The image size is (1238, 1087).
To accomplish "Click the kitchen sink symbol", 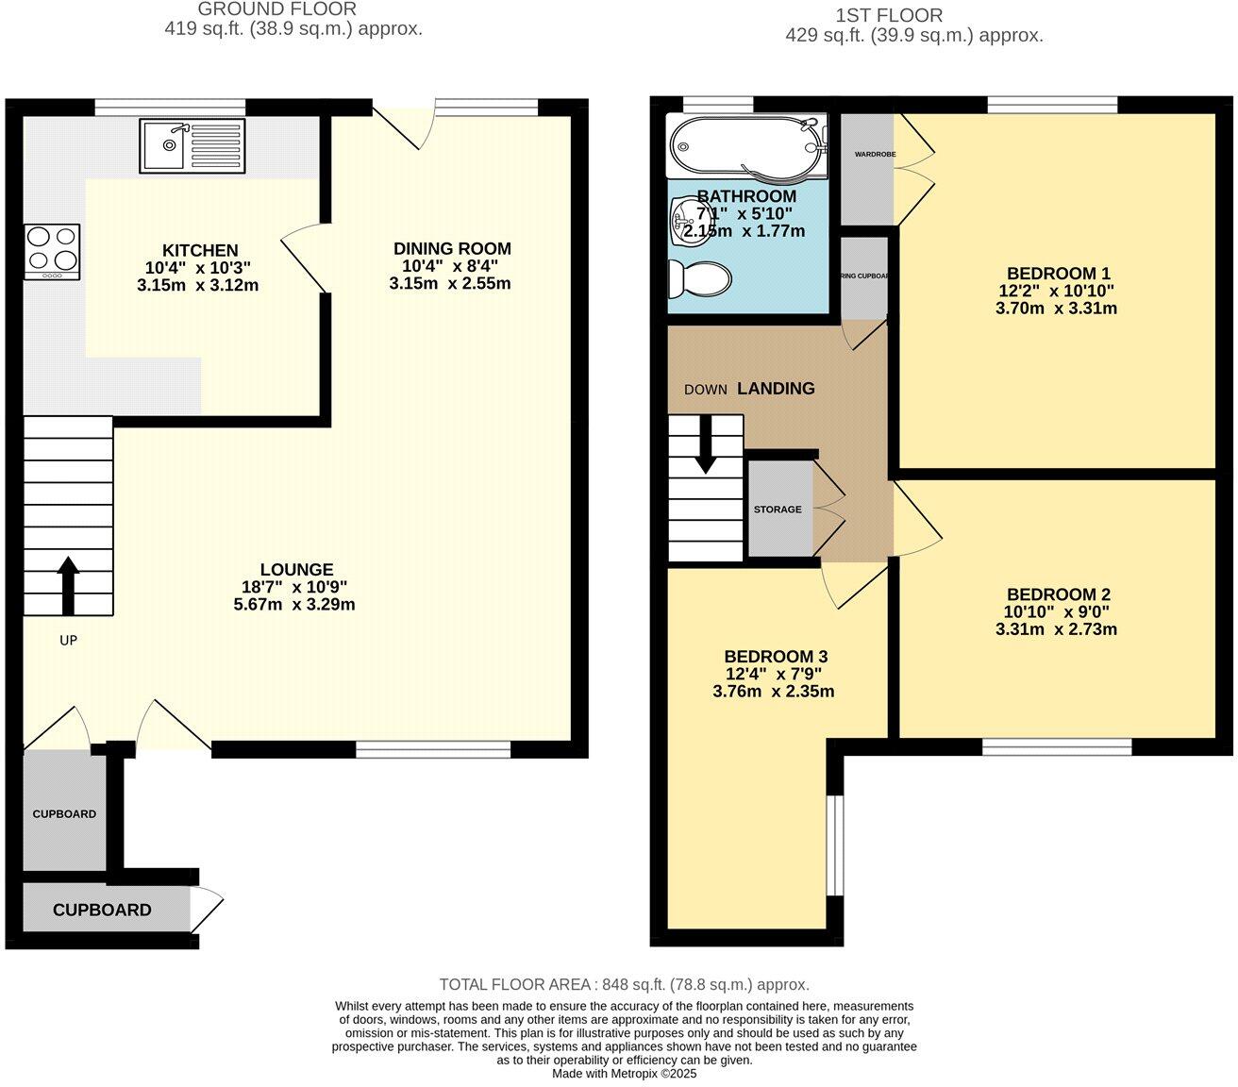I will pos(192,145).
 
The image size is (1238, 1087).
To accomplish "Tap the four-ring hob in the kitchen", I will pos(52,251).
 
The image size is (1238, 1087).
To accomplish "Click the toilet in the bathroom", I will pos(699,279).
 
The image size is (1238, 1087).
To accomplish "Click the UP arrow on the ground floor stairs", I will pos(68,585).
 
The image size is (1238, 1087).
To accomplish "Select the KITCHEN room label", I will pos(200,250).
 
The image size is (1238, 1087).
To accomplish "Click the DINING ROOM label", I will pos(452,248).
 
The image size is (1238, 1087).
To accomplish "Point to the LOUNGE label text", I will pos(296,569).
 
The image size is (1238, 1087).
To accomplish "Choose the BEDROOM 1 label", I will pos(1058,274).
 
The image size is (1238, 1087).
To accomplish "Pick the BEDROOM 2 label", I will pos(1058,594).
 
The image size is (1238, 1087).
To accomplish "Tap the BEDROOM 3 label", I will pos(776,656).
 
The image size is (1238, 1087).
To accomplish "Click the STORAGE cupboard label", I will pos(778,510).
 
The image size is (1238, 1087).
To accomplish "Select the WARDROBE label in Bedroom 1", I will pos(874,154).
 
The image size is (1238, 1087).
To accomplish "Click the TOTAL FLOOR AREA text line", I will pos(624,984).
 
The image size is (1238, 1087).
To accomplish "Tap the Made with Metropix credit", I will pos(624,1073).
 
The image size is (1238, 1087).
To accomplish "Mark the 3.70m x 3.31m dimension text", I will pos(1056,308).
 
